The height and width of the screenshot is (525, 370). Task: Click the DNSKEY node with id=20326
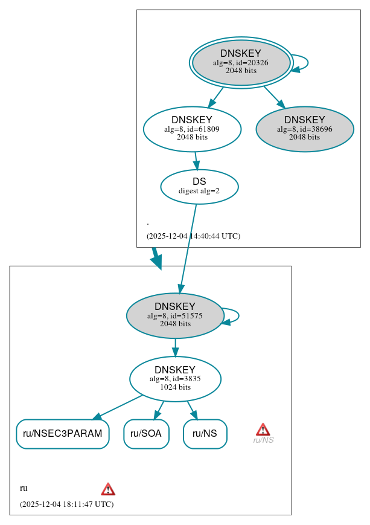click(x=241, y=62)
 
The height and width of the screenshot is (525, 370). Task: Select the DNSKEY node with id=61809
click(x=192, y=129)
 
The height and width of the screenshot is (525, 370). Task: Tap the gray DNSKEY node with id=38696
click(x=304, y=129)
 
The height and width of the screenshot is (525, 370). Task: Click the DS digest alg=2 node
click(x=199, y=187)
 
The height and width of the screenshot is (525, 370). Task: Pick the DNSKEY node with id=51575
click(x=175, y=315)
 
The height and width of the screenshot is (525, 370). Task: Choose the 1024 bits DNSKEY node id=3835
click(x=175, y=379)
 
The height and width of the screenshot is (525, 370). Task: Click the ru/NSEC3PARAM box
click(x=62, y=434)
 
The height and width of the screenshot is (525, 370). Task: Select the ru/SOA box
click(x=146, y=434)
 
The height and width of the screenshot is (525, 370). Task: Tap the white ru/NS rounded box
click(x=205, y=434)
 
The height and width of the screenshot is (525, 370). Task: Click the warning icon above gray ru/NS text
click(x=263, y=430)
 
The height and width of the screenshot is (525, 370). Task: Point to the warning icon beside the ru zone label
click(x=108, y=489)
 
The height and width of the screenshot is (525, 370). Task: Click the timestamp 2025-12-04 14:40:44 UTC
click(x=193, y=236)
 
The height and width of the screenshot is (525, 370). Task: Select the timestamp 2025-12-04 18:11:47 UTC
click(x=66, y=504)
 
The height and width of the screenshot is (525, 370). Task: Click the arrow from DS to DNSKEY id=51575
click(x=188, y=248)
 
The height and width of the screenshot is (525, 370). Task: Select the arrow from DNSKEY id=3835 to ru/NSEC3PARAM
click(x=118, y=407)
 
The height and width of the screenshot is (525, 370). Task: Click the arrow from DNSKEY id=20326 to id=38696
click(x=274, y=97)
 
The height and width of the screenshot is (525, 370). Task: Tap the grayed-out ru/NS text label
click(x=263, y=440)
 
